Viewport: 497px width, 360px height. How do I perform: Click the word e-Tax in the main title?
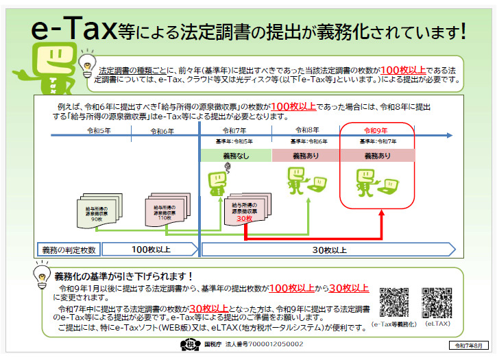(x=73, y=31)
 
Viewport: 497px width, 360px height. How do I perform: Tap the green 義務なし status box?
(x=235, y=156)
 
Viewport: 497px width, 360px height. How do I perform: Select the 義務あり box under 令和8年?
(x=307, y=156)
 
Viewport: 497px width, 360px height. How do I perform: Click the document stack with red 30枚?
(x=244, y=211)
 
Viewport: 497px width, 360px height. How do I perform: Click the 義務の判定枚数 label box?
(x=69, y=249)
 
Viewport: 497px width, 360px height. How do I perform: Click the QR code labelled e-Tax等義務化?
(x=394, y=302)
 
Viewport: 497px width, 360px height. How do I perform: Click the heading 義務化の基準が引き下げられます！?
(x=128, y=275)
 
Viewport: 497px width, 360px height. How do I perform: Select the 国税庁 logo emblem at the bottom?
(x=189, y=345)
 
